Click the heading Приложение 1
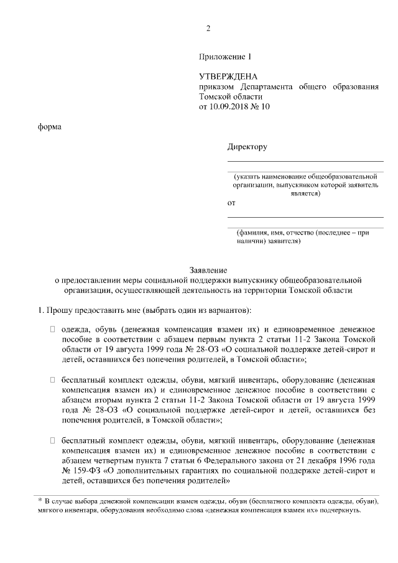(224, 57)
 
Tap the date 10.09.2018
(230, 106)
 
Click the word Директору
(247, 147)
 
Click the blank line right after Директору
(305, 161)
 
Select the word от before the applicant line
(232, 203)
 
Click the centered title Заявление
(208, 270)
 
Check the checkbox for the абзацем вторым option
(53, 378)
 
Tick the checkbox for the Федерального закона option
(53, 440)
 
